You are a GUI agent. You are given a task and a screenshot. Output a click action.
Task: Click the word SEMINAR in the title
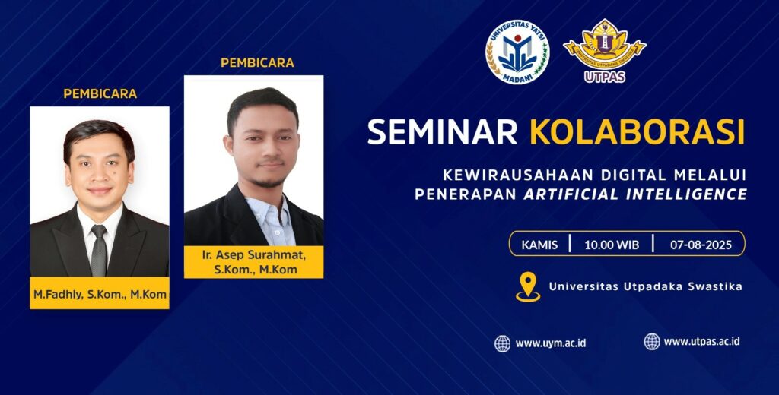tap(442, 131)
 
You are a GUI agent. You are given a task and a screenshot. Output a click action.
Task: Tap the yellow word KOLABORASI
tap(638, 131)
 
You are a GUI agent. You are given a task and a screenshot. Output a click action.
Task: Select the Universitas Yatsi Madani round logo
tap(517, 52)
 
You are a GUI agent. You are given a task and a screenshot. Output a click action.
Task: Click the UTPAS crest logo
tap(605, 51)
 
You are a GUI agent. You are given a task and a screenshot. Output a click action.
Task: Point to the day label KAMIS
tap(539, 245)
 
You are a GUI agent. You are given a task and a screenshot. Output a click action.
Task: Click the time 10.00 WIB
tap(612, 245)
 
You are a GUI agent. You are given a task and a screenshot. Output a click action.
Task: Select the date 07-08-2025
tap(701, 245)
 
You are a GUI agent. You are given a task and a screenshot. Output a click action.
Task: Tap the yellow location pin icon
tap(528, 286)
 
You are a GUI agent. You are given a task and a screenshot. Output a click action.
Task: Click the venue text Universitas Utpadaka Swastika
tap(645, 286)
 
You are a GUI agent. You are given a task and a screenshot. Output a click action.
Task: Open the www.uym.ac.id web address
tap(551, 343)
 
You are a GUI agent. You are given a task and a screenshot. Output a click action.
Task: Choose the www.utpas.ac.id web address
tap(701, 341)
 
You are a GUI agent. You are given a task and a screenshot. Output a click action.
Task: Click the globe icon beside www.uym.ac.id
tap(502, 343)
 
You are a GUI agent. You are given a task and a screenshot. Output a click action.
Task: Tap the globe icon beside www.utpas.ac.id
tap(652, 341)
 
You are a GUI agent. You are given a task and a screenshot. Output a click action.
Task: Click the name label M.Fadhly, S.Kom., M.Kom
tap(100, 294)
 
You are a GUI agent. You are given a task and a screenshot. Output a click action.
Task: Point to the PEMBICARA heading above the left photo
tap(100, 93)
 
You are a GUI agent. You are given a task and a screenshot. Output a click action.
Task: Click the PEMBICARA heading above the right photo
tap(257, 62)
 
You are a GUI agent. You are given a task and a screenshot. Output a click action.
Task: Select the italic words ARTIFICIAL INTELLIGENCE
tap(635, 194)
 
